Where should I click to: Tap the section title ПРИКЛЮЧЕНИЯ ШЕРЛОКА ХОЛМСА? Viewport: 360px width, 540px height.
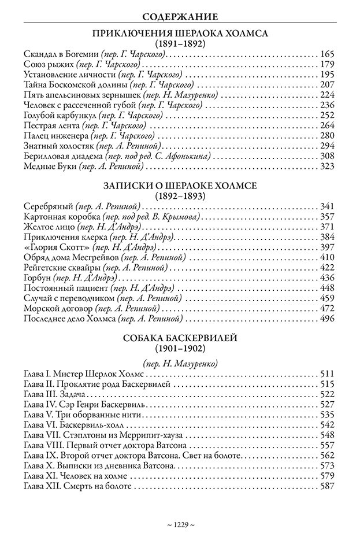tap(180, 34)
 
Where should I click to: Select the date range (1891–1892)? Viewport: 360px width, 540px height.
tap(180, 43)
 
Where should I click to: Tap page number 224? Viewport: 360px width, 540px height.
tap(327, 95)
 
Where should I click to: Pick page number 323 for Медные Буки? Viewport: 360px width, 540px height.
tap(327, 167)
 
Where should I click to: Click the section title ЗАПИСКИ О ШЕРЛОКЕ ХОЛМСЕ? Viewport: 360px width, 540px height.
tap(180, 186)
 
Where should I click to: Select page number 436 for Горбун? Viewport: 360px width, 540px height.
tap(327, 278)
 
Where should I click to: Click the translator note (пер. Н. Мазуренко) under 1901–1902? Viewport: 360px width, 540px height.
tap(180, 364)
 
